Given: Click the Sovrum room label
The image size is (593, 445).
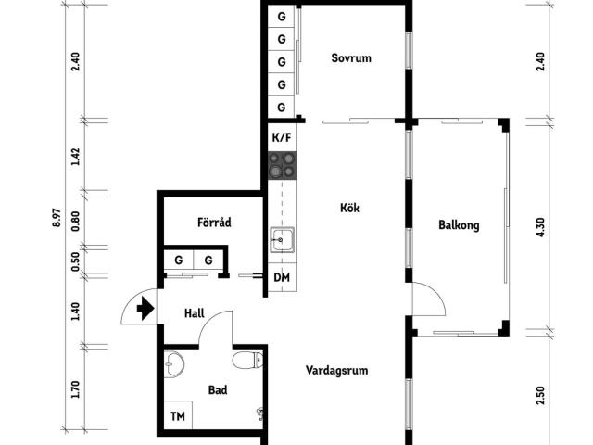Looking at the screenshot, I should (351, 57).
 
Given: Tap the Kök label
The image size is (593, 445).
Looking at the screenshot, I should (349, 208).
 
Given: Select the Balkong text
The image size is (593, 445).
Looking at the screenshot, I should (459, 224).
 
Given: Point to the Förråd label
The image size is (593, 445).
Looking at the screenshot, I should (213, 222).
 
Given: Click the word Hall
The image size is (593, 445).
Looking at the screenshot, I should (194, 313).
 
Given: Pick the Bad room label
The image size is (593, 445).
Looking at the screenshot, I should (218, 390).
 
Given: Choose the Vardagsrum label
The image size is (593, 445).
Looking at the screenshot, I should (337, 370).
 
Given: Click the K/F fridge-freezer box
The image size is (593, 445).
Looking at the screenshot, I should (282, 137).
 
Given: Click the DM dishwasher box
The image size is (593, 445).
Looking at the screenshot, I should (282, 278).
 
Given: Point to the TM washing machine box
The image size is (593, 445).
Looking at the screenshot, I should (177, 417).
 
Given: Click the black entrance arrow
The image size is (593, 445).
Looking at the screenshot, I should (144, 310).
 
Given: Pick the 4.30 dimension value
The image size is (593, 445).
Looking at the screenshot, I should (541, 226).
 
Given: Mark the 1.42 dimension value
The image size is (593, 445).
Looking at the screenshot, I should (76, 156).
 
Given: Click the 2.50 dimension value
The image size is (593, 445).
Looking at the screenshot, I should (541, 396).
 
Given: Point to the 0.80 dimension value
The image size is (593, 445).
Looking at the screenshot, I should (76, 221).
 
